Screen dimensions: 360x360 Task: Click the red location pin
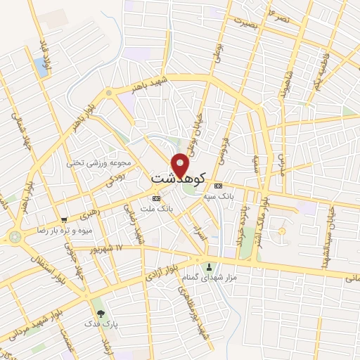181,165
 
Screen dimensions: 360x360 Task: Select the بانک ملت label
155,209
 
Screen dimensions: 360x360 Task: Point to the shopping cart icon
64,219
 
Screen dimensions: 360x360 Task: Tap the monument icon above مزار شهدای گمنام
209,266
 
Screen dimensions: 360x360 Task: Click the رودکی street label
116,179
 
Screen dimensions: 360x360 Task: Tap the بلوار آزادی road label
159,274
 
